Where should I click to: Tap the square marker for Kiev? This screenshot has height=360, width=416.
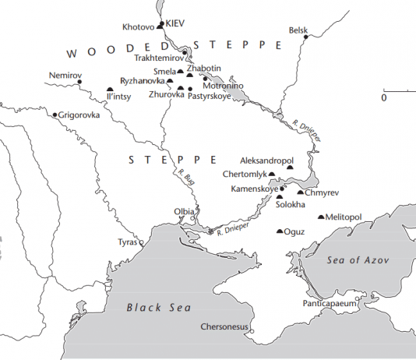162,24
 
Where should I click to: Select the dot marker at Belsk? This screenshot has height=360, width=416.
307,36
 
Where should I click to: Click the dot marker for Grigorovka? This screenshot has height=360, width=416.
55,115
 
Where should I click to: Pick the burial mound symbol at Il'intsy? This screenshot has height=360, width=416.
110,90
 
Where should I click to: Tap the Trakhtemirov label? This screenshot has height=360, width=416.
158,58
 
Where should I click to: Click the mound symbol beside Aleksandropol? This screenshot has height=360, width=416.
290,167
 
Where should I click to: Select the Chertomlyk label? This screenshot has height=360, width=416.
245,173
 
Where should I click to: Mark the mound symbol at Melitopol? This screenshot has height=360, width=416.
322,217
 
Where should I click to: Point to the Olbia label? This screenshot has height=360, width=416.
184,211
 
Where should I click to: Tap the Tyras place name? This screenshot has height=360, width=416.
126,242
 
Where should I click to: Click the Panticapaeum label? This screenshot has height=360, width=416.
329,303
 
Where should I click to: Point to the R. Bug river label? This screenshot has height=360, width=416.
187,178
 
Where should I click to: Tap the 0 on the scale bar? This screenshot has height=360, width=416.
384,98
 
